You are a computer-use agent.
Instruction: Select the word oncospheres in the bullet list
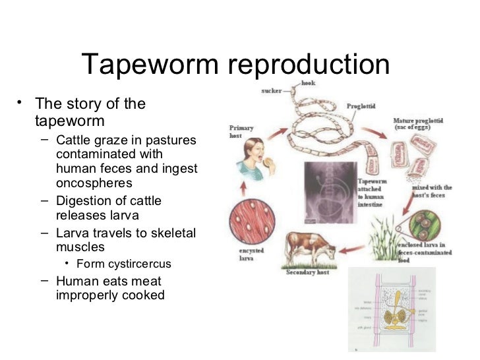point(94,183)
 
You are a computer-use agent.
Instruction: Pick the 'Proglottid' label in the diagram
point(361,106)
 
